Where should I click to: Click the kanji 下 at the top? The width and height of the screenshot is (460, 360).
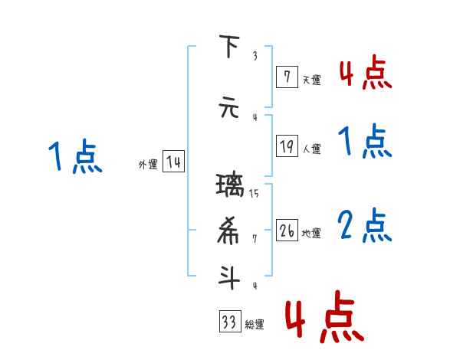[228, 47]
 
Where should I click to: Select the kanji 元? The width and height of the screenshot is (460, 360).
[228, 107]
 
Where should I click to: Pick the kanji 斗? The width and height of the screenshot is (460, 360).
[228, 277]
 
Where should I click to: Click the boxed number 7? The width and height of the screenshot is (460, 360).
[286, 77]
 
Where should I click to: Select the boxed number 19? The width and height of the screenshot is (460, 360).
[287, 146]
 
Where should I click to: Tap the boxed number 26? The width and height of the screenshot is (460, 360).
[287, 231]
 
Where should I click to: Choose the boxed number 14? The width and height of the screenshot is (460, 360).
[173, 162]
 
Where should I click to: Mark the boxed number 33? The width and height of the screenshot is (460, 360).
[228, 322]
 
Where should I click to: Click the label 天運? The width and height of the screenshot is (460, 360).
[311, 79]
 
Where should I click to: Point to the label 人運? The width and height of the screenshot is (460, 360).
[311, 149]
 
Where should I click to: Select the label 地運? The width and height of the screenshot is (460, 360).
[311, 233]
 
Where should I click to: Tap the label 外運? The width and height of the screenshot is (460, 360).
[147, 164]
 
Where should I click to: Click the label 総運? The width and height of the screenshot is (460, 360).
[254, 324]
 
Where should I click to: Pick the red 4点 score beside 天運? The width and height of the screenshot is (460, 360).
[365, 74]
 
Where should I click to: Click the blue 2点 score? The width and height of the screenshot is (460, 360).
[365, 226]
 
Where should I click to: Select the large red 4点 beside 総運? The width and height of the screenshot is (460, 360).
[324, 316]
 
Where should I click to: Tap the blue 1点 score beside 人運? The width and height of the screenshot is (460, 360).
[365, 142]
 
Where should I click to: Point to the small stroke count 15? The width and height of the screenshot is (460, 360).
[254, 193]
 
